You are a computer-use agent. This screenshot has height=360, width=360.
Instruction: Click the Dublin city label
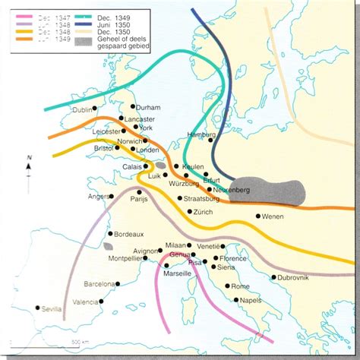point(81,110)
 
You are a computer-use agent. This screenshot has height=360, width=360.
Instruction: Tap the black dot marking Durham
point(134,106)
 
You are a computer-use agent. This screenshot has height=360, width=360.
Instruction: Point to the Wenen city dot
point(258,216)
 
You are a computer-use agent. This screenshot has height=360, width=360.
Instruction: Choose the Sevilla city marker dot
point(38,308)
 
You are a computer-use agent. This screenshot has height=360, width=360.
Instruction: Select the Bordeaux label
point(129,235)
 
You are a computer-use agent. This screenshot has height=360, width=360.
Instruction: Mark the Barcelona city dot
point(118,283)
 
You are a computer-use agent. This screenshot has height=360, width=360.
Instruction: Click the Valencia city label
point(85,302)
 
